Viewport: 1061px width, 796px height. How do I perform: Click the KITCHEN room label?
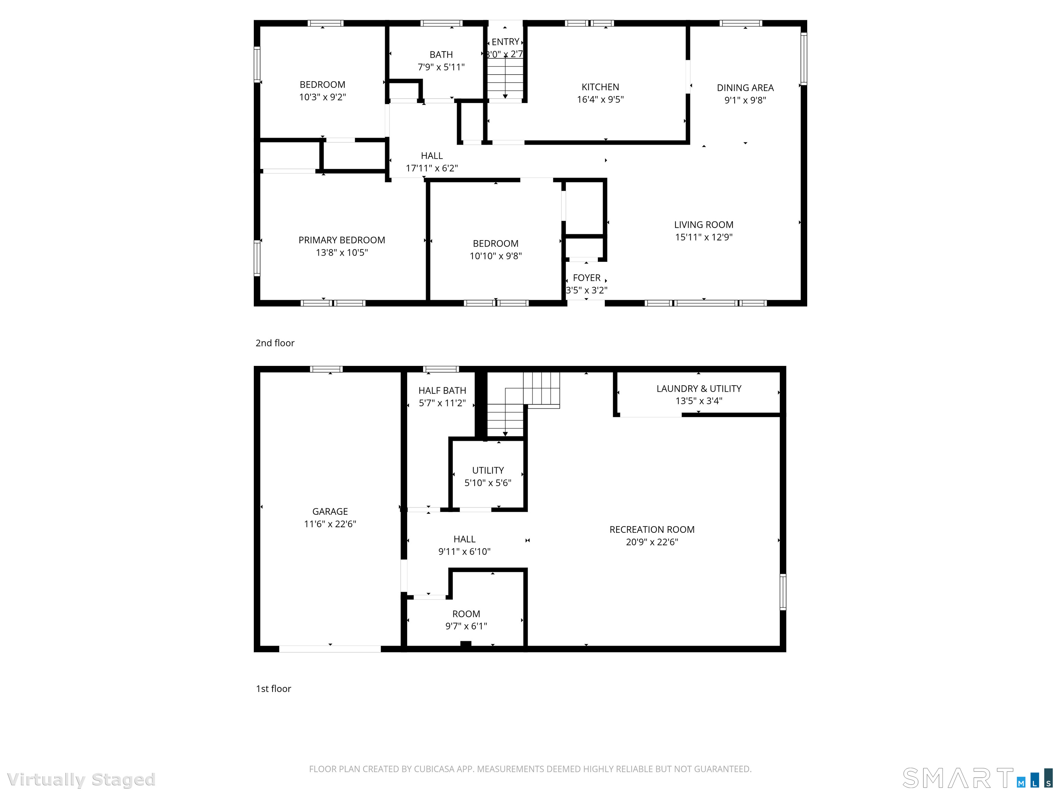point(600,87)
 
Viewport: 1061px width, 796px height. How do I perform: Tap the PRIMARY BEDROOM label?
point(342,240)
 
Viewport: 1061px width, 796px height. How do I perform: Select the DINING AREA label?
point(745,88)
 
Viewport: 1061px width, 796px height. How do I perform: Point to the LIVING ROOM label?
point(704,225)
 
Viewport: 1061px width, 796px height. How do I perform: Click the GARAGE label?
point(330,511)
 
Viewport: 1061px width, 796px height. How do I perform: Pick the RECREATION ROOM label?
point(652,529)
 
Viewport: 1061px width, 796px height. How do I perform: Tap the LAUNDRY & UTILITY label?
point(699,389)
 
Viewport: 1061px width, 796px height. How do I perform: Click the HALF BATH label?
point(442,390)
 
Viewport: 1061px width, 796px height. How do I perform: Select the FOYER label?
point(586,278)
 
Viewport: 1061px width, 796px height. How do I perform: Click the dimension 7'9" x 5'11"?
point(441,67)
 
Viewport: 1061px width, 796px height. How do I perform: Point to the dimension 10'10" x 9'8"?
point(496,256)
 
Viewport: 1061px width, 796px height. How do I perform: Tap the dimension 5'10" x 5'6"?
point(488,483)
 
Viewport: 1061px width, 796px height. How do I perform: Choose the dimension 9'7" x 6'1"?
point(466,626)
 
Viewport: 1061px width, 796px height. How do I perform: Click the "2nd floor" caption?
point(275,343)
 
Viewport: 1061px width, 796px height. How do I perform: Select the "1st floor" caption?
point(274,689)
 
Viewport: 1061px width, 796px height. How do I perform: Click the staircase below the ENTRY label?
point(505,79)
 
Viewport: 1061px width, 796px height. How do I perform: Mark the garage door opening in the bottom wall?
point(330,649)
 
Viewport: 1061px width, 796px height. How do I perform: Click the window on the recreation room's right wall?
point(783,591)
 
